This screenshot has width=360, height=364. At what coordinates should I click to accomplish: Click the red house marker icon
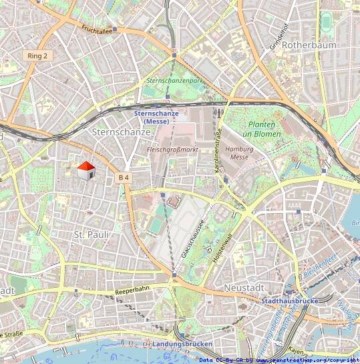click(85, 170)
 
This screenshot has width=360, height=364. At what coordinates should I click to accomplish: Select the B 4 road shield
click(124, 178)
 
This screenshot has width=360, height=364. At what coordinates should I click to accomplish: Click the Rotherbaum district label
click(309, 45)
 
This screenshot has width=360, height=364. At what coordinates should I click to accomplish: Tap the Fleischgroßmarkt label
click(172, 150)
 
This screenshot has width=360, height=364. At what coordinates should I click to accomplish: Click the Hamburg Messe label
click(239, 153)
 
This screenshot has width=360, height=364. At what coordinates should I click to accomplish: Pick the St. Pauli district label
click(91, 235)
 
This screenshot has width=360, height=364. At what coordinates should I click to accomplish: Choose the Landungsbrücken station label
click(182, 344)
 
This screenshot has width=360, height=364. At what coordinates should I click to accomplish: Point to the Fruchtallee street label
click(97, 30)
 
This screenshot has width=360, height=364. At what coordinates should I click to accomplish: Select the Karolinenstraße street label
click(217, 151)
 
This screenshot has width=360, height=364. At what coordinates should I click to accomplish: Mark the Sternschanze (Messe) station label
click(156, 118)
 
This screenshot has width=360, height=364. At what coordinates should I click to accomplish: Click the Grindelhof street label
click(274, 33)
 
